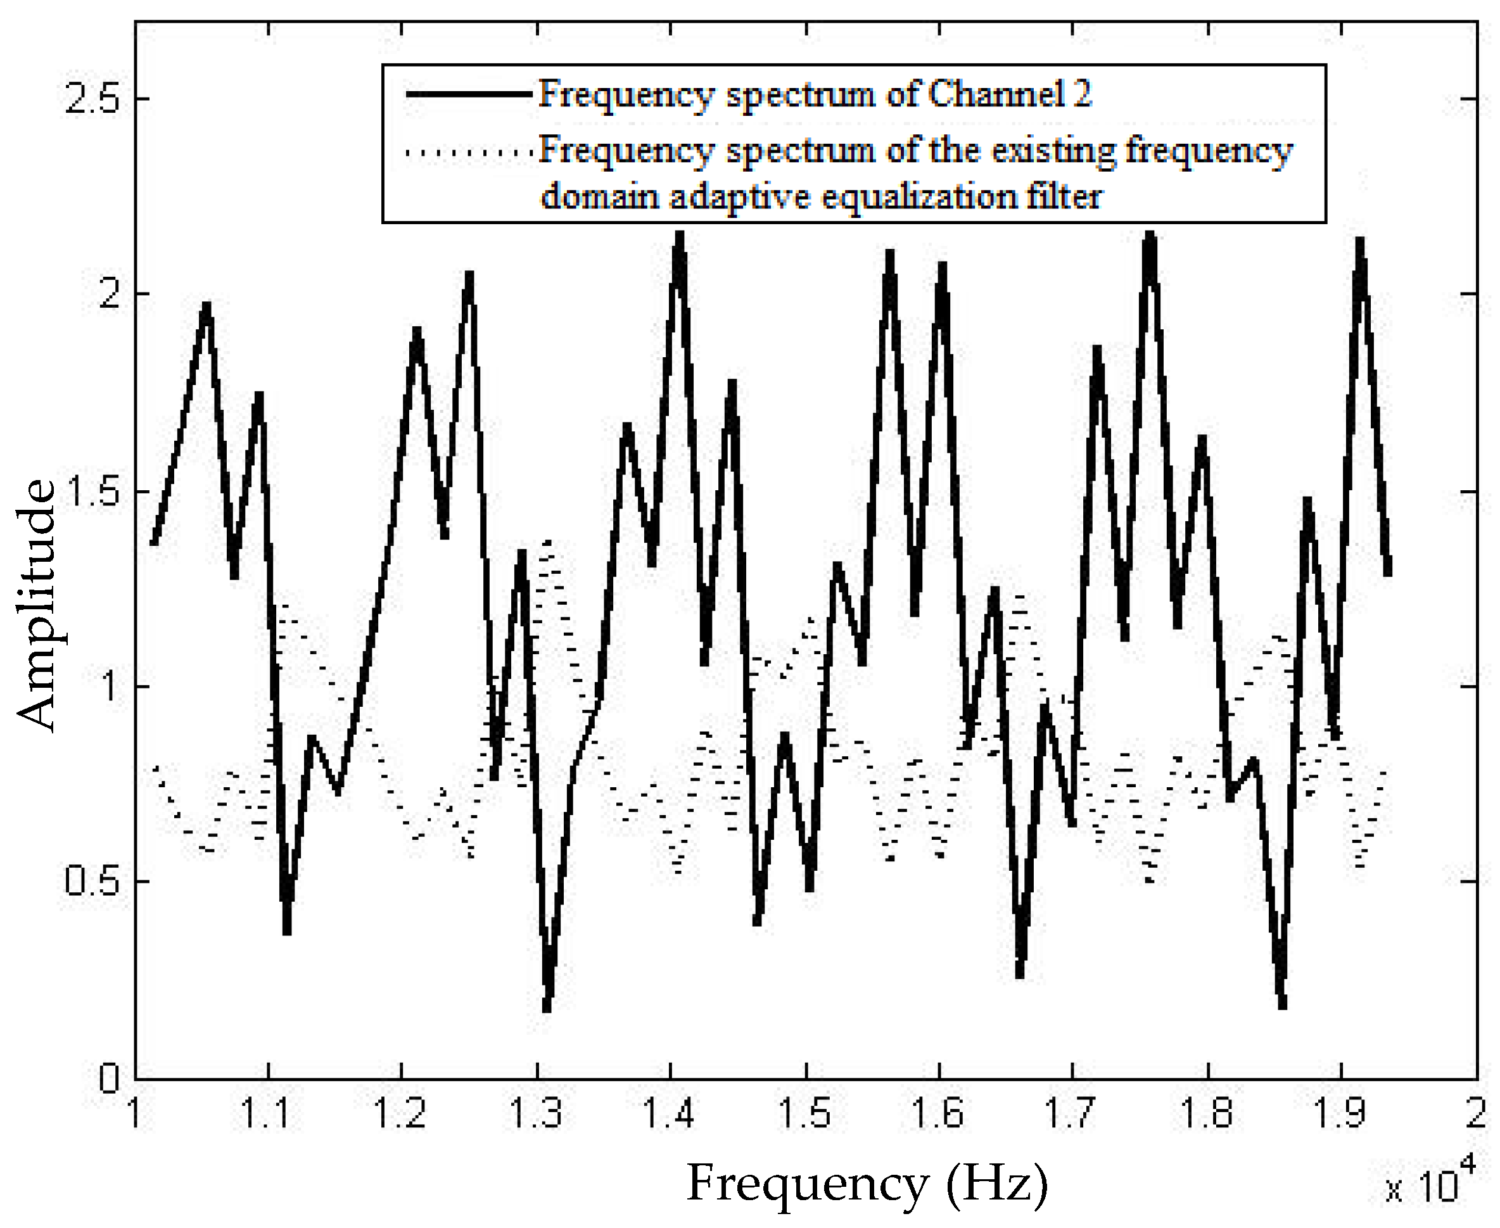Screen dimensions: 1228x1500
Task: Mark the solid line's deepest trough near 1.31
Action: click(x=547, y=1009)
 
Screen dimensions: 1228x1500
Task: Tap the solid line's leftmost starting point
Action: click(x=153, y=543)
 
